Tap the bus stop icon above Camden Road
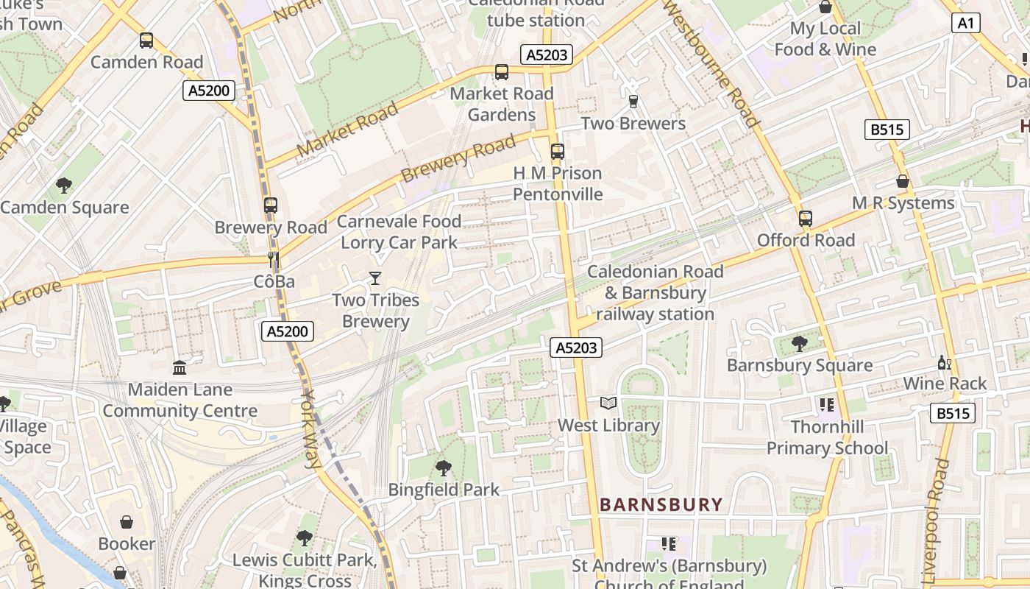146,40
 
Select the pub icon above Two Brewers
633,102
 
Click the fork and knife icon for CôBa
274,259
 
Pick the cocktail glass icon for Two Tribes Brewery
375,278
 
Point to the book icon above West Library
608,403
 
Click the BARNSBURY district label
661,504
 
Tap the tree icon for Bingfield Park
443,468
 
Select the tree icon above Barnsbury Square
799,343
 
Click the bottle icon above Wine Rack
944,362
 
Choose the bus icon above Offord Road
806,219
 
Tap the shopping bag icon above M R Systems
903,181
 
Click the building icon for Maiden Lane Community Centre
180,367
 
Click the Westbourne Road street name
711,64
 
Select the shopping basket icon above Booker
127,522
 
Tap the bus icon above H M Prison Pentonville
557,152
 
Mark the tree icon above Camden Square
64,186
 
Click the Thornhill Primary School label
827,437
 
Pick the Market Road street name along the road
347,130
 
